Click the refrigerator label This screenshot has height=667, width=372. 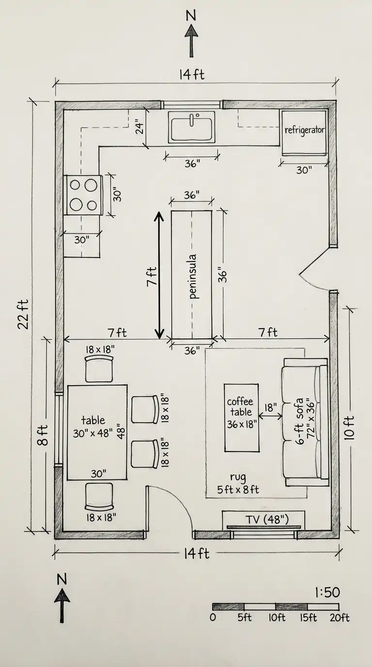pyautogui.click(x=305, y=130)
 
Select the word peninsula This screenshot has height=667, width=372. pyautogui.click(x=193, y=276)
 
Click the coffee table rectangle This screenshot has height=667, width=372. pyautogui.click(x=241, y=417)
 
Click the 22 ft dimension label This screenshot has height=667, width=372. pyautogui.click(x=23, y=314)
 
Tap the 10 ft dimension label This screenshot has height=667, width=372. pyautogui.click(x=350, y=428)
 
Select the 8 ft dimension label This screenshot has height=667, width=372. pyautogui.click(x=43, y=435)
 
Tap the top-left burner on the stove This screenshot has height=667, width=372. pyautogui.click(x=75, y=185)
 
